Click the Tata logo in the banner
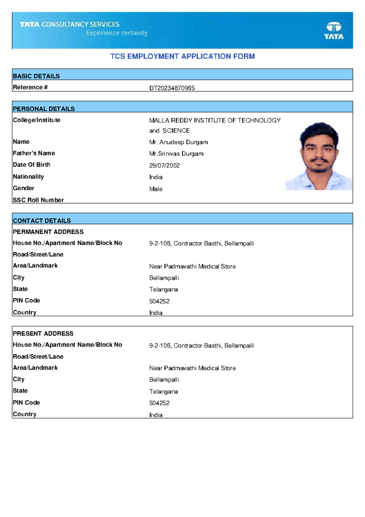[334, 30]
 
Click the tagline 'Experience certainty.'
[117, 33]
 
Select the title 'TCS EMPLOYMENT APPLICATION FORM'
[182, 56]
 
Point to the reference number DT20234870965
[172, 88]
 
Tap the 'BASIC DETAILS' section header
[36, 76]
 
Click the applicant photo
[318, 156]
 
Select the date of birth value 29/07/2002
[164, 165]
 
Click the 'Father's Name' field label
[34, 153]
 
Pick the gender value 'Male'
[156, 189]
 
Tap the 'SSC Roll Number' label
[38, 200]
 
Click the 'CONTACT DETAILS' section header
[42, 221]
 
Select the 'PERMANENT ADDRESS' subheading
[48, 232]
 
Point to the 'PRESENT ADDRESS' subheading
[43, 334]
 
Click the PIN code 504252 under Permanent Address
[159, 301]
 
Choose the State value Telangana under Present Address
[163, 392]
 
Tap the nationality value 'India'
[156, 177]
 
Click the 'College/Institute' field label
[36, 120]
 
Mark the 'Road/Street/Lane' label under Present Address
[38, 357]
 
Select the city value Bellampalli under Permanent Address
[164, 278]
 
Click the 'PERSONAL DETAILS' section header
[44, 109]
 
